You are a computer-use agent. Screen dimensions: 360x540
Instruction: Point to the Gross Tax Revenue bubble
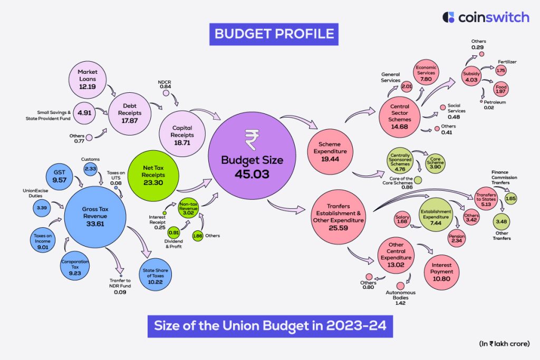95,217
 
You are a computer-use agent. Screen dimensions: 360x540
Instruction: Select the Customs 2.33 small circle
90,168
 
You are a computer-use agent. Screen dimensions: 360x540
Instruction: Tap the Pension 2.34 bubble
457,238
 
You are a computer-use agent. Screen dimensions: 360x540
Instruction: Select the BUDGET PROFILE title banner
274,34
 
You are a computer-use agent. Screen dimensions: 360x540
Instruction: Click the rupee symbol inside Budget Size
252,140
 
